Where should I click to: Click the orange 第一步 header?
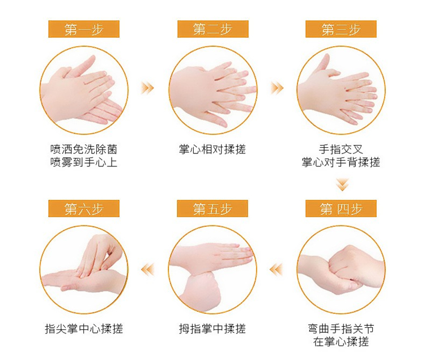pyautogui.click(x=84, y=29)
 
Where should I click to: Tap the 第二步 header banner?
pyautogui.click(x=212, y=29)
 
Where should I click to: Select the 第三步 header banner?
pyautogui.click(x=341, y=29)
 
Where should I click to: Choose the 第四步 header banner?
pyautogui.click(x=341, y=208)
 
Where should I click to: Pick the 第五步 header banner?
pyautogui.click(x=212, y=208)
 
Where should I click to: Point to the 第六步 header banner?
pyautogui.click(x=84, y=208)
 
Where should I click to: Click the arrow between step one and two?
pyautogui.click(x=147, y=88)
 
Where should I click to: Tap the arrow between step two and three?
pyautogui.click(x=277, y=88)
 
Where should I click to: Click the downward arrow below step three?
pyautogui.click(x=342, y=185)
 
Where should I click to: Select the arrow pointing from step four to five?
pyautogui.click(x=276, y=269)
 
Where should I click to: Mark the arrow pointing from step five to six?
pyautogui.click(x=148, y=269)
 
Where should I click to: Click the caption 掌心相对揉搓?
pyautogui.click(x=212, y=149)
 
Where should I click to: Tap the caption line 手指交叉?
pyautogui.click(x=341, y=149)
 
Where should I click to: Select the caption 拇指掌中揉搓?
pyautogui.click(x=212, y=329)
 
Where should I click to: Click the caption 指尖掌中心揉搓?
pyautogui.click(x=84, y=329)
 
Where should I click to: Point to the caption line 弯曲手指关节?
pyautogui.click(x=341, y=329)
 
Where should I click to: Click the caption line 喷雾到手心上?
pyautogui.click(x=84, y=162)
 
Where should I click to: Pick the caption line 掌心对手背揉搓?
pyautogui.click(x=341, y=162)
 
